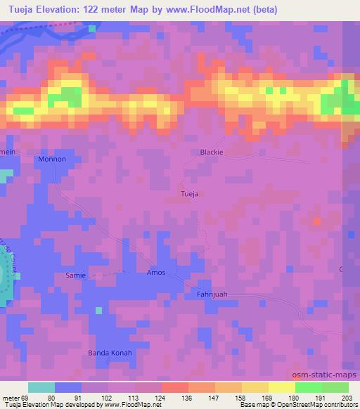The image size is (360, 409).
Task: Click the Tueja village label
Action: coord(190,193)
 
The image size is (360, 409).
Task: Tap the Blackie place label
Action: coord(212,152)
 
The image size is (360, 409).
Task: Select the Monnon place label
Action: coord(51,159)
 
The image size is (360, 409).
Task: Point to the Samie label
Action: coord(75,275)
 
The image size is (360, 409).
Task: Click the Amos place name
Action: coord(155,272)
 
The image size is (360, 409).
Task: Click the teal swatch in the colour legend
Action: coord(41,387)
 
